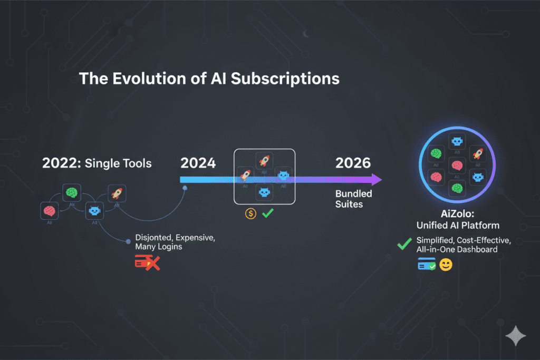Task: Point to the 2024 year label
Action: coord(198,163)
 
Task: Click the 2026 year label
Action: coord(353,163)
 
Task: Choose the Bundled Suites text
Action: coord(353,199)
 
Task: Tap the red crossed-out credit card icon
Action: coord(147,262)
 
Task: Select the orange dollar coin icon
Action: coord(251,214)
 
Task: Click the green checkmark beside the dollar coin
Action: coord(267,213)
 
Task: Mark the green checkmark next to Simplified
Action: coord(404,244)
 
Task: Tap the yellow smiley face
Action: coord(446,265)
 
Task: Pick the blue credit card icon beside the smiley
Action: coord(427,265)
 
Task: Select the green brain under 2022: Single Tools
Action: coord(71,192)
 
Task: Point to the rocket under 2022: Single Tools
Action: coord(115,193)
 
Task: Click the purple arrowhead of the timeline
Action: coord(376,180)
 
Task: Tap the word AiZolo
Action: coord(457,215)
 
